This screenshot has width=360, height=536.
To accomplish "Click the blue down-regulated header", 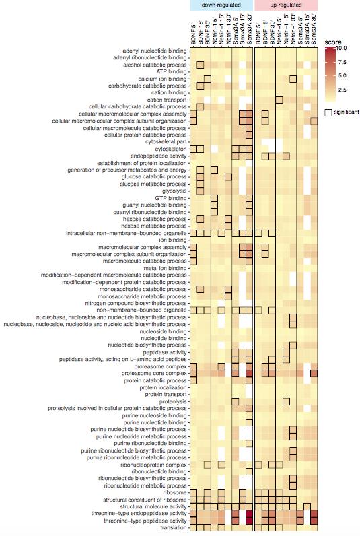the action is tap(221, 5).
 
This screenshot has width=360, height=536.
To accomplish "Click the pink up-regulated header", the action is tap(286, 5).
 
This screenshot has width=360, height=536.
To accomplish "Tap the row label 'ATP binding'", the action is tap(172, 72).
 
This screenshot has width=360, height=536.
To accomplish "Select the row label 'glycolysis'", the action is tap(174, 191).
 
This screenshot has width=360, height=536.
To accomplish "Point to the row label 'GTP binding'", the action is tap(171, 198).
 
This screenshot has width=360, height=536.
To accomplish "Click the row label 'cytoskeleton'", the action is tap(171, 149).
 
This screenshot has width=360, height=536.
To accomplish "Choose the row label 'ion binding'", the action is tap(173, 240).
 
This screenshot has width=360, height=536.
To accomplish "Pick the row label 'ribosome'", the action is tap(176, 493).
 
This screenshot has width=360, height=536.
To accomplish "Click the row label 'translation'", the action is tap(174, 527).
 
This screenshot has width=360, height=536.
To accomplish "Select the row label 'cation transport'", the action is tap(167, 100).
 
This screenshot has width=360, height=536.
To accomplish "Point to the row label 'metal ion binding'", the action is tap(166, 268).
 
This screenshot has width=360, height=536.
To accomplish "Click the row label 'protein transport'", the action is tap(166, 395).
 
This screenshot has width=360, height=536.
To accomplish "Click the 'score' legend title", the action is tap(332, 42).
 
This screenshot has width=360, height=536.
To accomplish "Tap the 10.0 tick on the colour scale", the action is tap(342, 48).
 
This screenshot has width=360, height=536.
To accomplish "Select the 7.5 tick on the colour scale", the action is tap(343, 62).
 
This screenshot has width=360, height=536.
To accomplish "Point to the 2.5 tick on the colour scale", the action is tap(343, 90).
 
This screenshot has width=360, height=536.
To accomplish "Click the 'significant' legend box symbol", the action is tap(328, 112).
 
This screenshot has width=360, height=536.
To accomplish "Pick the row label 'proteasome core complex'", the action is tap(154, 374).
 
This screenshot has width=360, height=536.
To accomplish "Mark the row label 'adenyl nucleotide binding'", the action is tap(155, 51).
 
